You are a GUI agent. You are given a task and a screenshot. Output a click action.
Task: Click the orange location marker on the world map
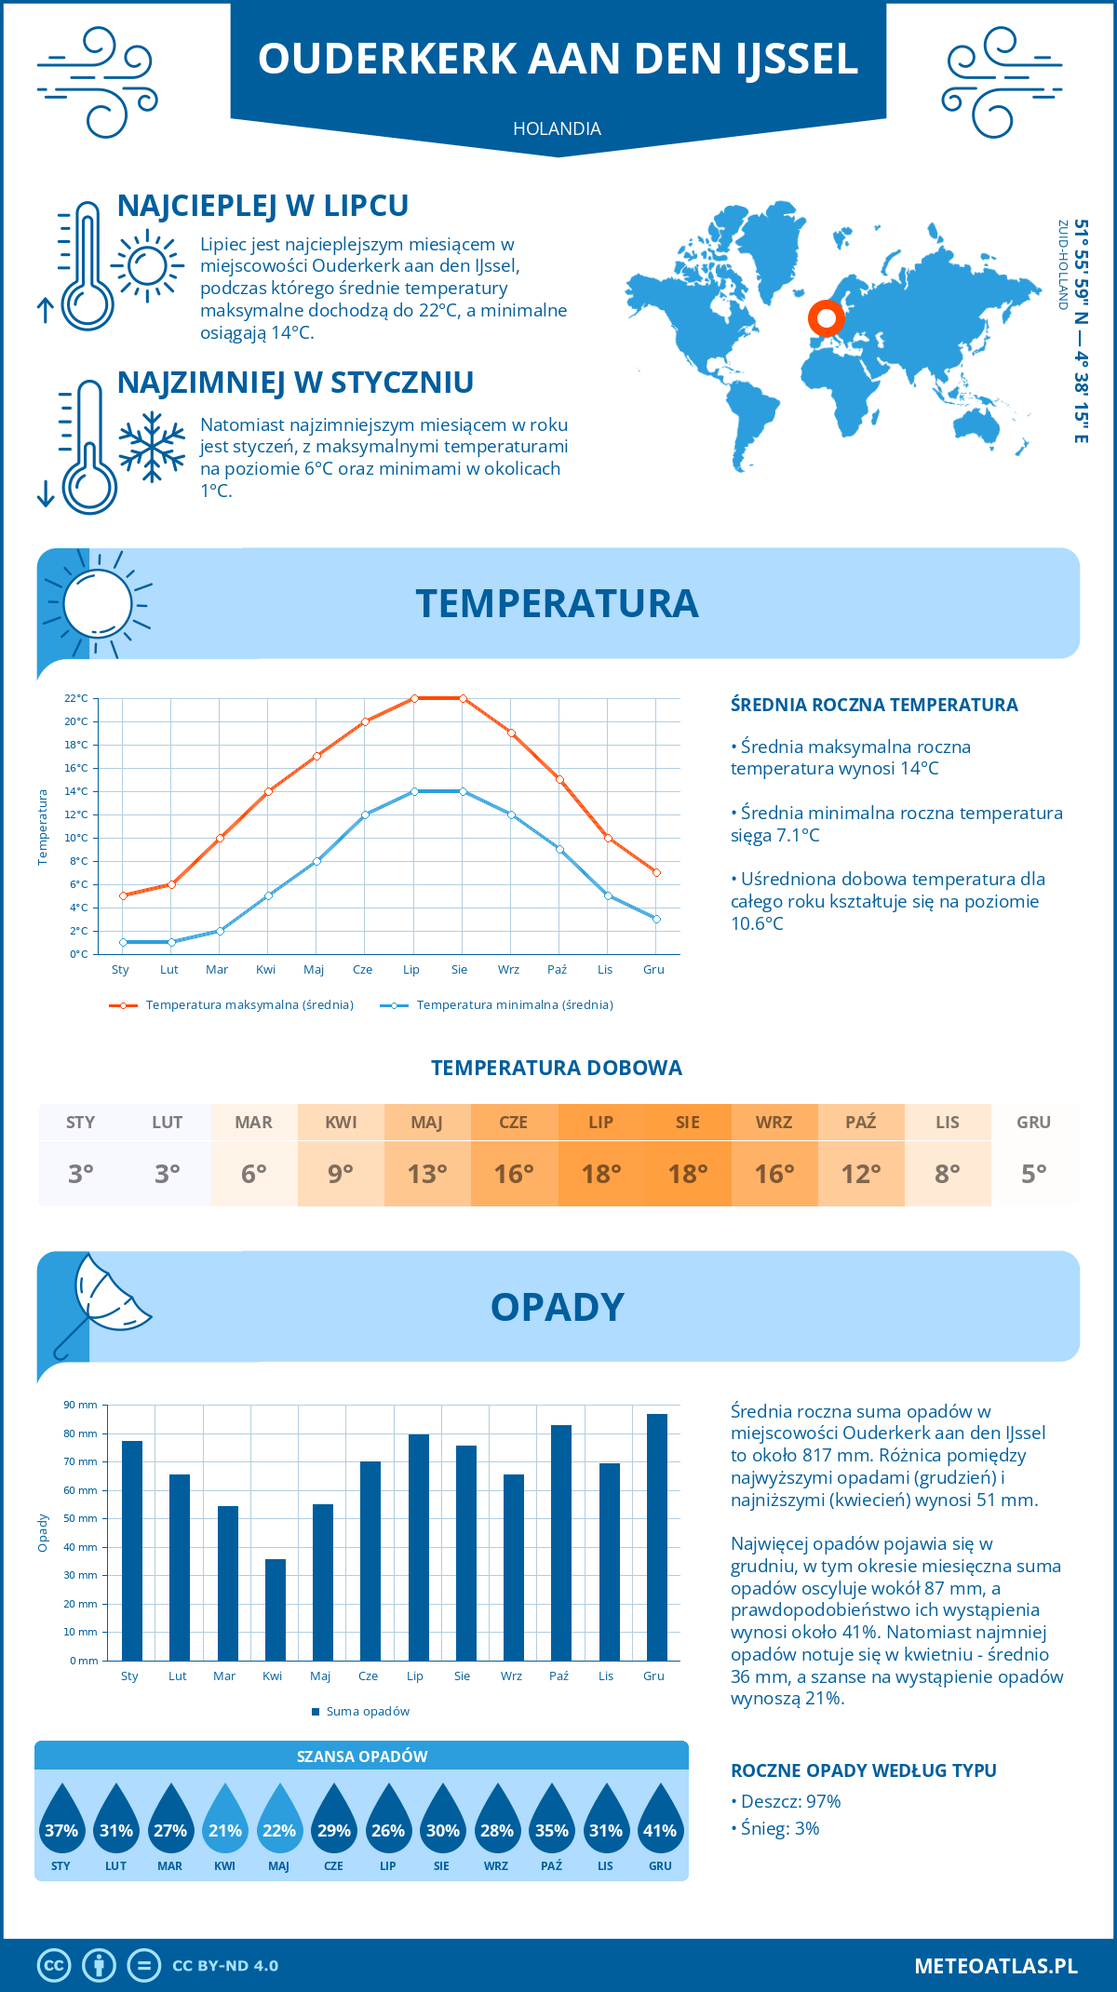tap(826, 317)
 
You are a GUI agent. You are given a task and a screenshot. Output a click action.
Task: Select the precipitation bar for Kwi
tap(276, 1609)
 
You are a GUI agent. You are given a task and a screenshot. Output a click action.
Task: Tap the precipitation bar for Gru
tap(657, 1537)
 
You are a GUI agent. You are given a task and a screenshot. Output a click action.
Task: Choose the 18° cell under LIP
tap(600, 1174)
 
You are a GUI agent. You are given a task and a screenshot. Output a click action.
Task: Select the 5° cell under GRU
tap(1034, 1174)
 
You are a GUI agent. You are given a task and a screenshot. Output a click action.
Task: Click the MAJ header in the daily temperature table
tap(427, 1123)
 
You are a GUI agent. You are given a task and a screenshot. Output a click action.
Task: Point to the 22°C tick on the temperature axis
tap(76, 698)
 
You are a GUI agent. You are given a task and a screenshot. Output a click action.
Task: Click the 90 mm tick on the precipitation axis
tap(81, 1405)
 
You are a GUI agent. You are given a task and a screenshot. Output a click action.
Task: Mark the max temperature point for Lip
tap(414, 698)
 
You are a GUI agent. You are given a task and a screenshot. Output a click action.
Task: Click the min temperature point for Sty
tap(123, 942)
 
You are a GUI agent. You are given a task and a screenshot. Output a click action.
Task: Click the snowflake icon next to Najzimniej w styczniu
tap(152, 447)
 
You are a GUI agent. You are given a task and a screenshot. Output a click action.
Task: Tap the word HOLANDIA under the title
tap(557, 128)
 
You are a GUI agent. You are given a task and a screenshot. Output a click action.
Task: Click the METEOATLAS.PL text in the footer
tap(995, 1966)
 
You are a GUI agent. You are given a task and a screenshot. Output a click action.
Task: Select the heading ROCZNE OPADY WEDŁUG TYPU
tap(863, 1770)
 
